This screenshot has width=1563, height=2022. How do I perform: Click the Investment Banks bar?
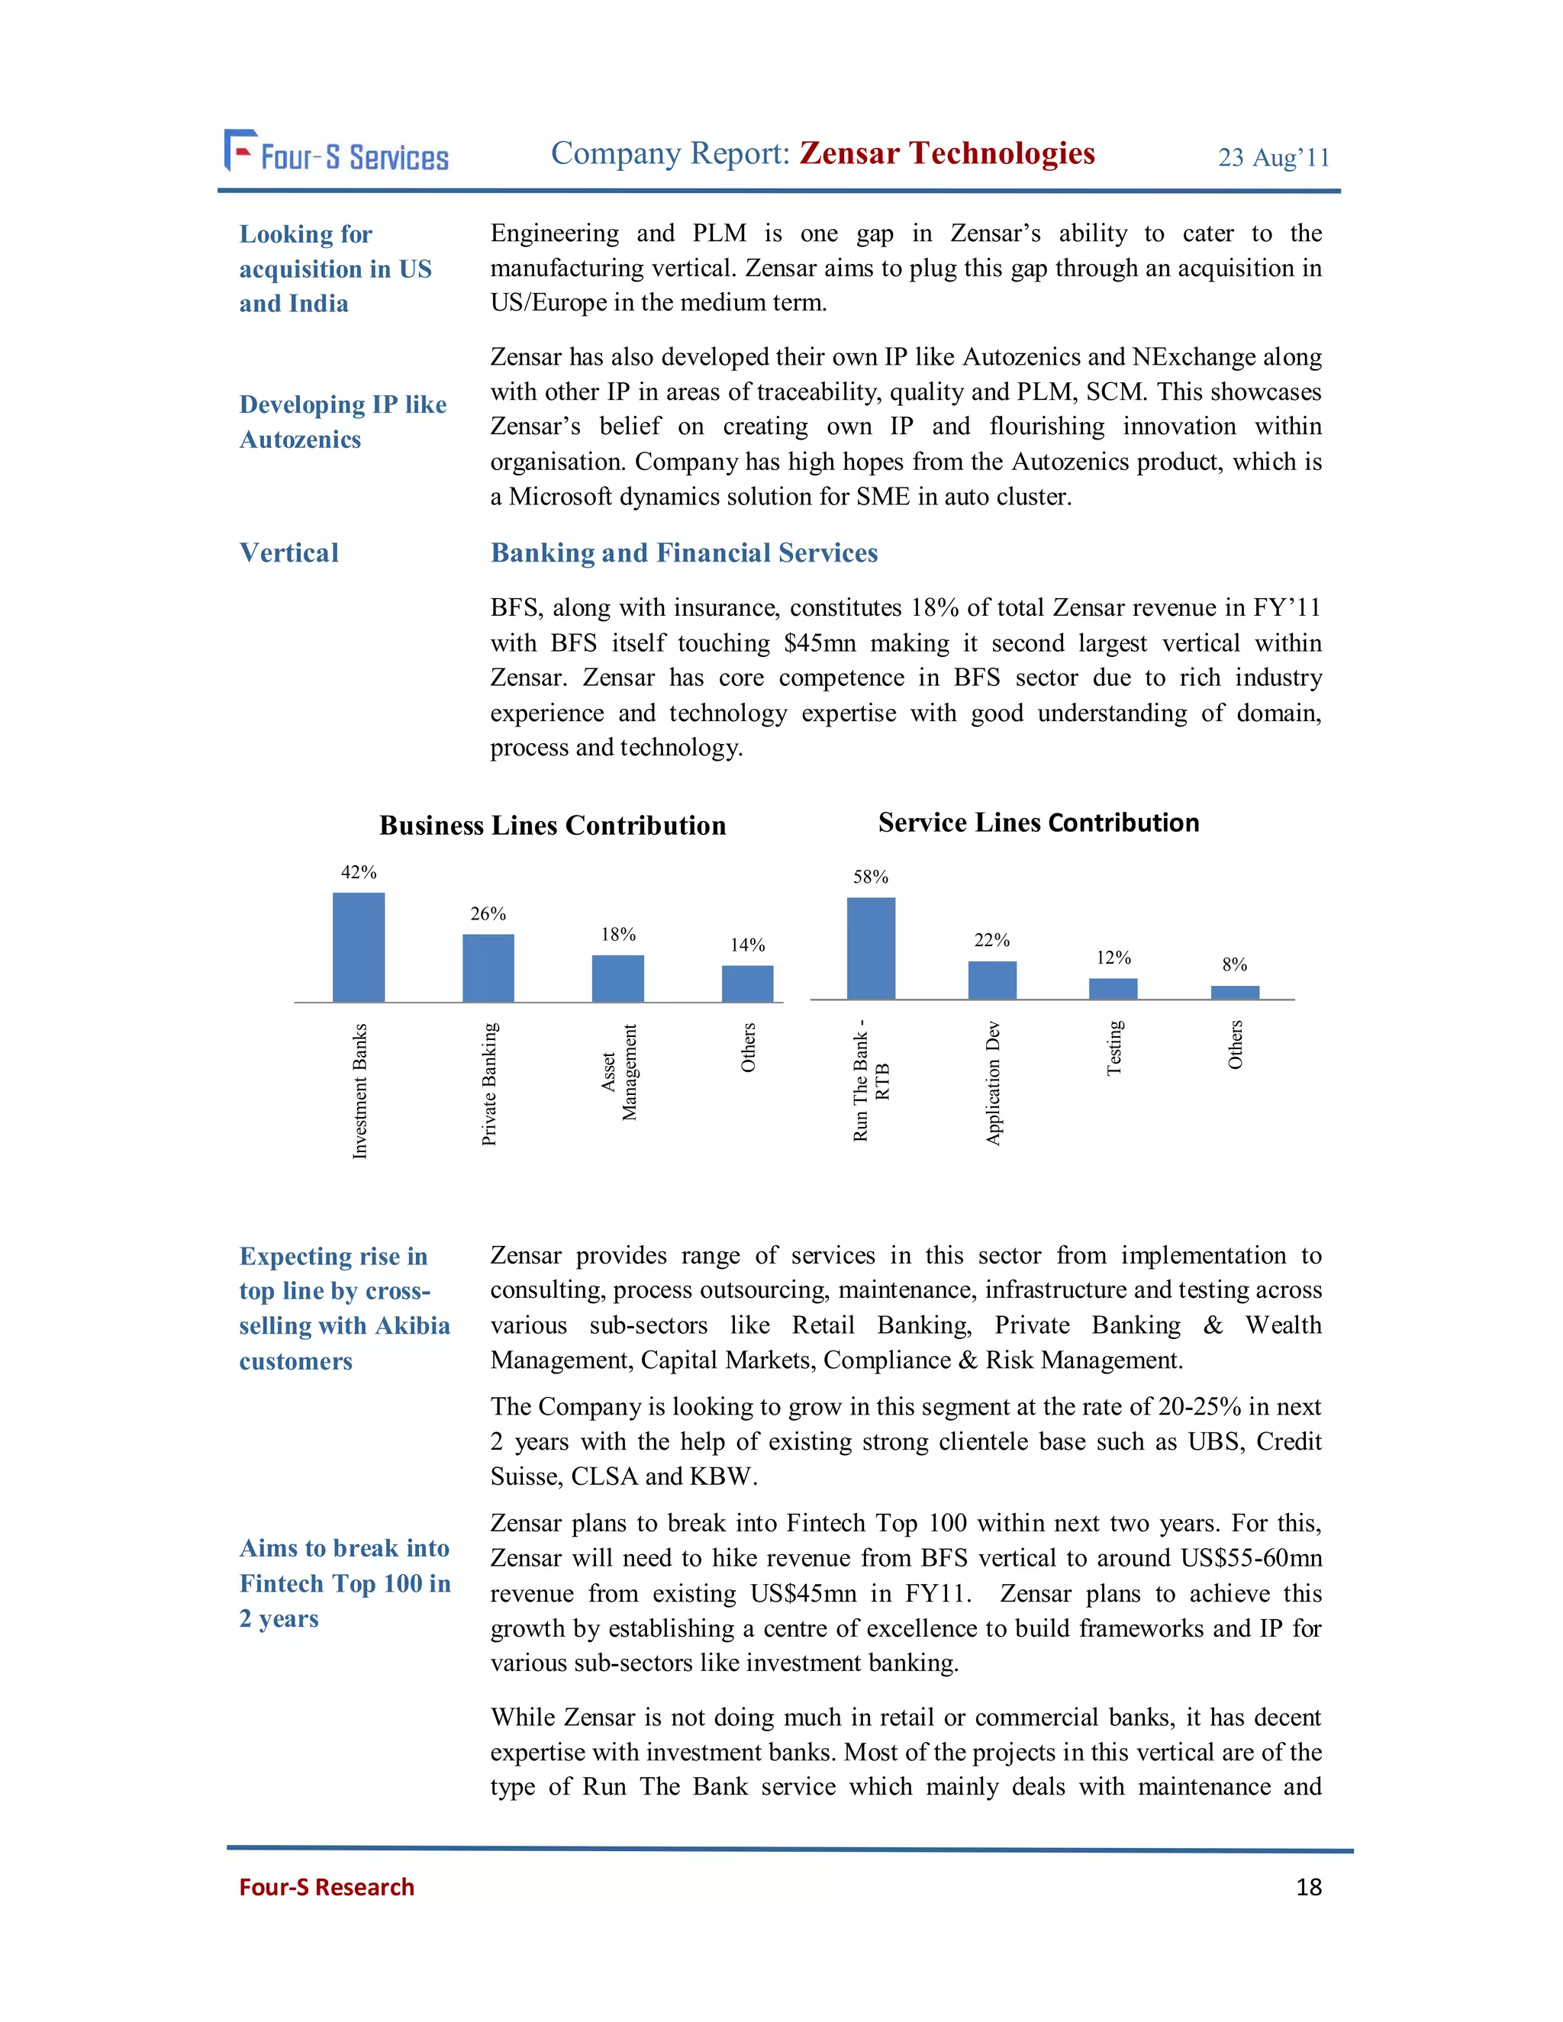click(359, 947)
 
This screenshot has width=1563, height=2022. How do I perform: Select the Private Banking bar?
click(488, 968)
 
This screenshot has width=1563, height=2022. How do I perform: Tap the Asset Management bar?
click(617, 979)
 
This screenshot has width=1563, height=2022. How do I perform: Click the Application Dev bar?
click(991, 980)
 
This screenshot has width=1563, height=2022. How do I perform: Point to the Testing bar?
click(1113, 989)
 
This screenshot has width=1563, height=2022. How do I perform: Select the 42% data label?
click(359, 872)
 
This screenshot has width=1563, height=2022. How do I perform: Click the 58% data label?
click(870, 877)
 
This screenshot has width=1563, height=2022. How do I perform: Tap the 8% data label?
click(1234, 964)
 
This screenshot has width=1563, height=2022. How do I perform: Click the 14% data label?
click(747, 945)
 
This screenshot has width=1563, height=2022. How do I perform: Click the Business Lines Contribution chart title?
click(552, 826)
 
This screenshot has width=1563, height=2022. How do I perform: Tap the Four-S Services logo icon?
click(240, 150)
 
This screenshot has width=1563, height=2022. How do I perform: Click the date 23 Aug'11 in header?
click(1273, 157)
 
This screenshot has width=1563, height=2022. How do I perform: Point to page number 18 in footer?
click(1308, 1887)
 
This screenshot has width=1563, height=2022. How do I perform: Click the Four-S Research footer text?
click(326, 1887)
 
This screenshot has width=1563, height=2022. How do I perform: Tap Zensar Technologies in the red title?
click(946, 153)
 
